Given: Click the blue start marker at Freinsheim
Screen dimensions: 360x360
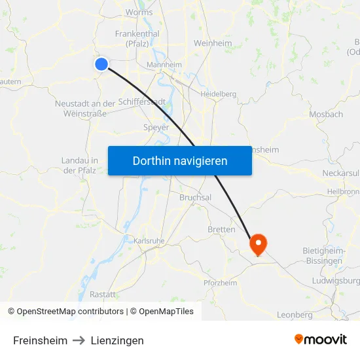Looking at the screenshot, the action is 101,63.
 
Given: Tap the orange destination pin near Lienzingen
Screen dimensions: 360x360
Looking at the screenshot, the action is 259,244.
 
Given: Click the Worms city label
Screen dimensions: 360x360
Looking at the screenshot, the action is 139,12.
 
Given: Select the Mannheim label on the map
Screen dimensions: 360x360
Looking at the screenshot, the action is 164,65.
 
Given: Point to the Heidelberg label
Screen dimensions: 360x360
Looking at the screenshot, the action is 218,94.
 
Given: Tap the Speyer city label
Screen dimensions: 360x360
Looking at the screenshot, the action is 156,128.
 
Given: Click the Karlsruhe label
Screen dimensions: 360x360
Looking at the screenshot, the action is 149,241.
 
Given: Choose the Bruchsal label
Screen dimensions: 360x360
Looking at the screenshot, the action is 195,197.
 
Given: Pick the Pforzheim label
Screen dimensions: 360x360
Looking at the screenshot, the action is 220,283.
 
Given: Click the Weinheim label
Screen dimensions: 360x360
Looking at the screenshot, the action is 213,43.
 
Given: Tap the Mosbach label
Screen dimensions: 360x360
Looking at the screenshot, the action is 325,114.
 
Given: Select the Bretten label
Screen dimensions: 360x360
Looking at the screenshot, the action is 221,230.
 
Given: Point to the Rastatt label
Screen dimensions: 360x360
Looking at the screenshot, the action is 103,295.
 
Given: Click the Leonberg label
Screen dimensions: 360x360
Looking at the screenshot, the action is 295,315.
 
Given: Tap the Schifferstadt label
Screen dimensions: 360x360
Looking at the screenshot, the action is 142,102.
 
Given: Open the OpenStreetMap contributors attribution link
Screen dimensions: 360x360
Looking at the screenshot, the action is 70,312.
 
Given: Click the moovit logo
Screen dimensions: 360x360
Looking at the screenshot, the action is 321,340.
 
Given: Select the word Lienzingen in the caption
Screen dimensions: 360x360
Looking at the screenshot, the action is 117,340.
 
